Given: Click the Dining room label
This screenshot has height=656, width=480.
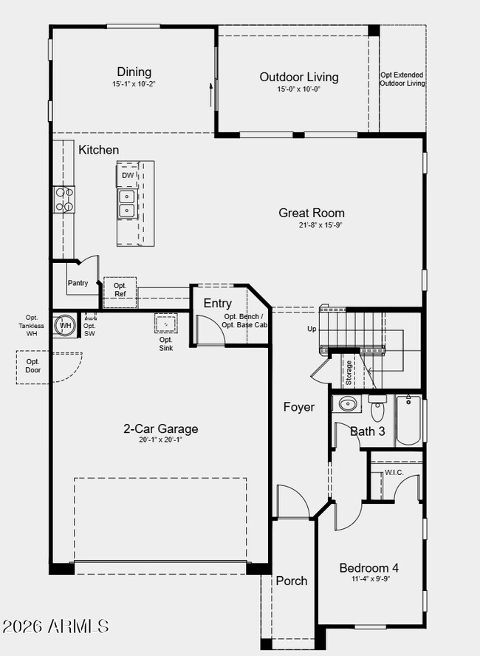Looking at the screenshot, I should pyautogui.click(x=134, y=72).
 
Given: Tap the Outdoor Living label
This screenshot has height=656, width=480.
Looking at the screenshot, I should pyautogui.click(x=298, y=77).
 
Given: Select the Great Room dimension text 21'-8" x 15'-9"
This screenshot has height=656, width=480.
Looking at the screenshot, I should pyautogui.click(x=311, y=225).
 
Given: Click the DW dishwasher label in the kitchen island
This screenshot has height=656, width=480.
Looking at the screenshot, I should pyautogui.click(x=128, y=176).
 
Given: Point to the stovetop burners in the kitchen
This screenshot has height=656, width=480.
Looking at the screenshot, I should pyautogui.click(x=64, y=199).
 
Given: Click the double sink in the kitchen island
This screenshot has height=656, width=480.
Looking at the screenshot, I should pyautogui.click(x=127, y=203).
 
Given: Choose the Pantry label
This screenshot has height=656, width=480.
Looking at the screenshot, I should pyautogui.click(x=78, y=283).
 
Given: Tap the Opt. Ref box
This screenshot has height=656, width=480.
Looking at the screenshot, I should pyautogui.click(x=120, y=290).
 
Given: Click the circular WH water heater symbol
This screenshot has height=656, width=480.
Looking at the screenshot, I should pyautogui.click(x=66, y=325).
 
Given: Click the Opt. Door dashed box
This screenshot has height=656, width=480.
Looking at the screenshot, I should pyautogui.click(x=33, y=366).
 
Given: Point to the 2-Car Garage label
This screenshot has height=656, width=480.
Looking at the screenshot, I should pyautogui.click(x=160, y=428).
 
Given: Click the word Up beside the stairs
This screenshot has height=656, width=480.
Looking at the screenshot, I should pyautogui.click(x=312, y=329).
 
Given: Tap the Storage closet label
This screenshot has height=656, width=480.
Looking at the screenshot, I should pyautogui.click(x=349, y=373).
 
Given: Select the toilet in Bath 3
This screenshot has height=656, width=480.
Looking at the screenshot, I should pyautogui.click(x=377, y=409).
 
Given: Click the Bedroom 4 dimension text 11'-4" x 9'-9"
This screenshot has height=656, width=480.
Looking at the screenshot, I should pyautogui.click(x=368, y=579).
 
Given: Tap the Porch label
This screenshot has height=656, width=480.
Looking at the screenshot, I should pyautogui.click(x=291, y=581).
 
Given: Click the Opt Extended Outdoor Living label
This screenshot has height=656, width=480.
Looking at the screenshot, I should pyautogui.click(x=402, y=79).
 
